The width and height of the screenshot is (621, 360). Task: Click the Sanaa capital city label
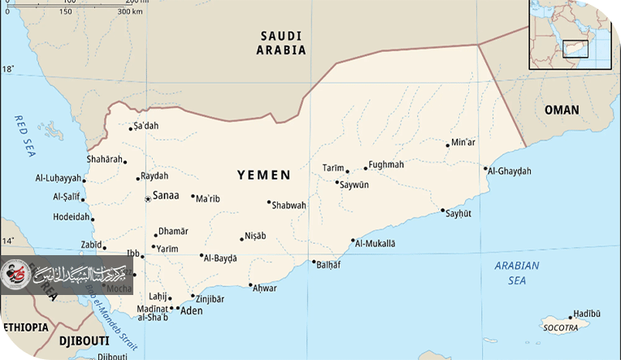coord(166,196)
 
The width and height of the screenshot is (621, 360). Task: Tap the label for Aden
coord(191,310)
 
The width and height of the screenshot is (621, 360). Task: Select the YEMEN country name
coord(263,175)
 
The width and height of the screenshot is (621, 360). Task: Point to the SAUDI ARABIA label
coord(282,42)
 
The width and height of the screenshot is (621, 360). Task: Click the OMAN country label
coord(562,110)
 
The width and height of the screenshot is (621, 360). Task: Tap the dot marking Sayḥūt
coord(443,211)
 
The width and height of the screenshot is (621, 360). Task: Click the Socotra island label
coord(561,327)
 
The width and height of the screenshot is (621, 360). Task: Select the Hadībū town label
coord(586,313)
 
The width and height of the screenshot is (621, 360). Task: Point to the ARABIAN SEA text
coord(516,273)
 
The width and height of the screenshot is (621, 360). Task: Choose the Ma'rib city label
coord(209,197)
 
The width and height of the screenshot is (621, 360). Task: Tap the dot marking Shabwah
coord(269,202)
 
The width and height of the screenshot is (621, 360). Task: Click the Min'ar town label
coord(463,142)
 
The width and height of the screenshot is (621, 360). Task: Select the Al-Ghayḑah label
coord(510,171)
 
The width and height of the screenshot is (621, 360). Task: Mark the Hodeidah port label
coord(72,217)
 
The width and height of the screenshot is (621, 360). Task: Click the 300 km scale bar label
coord(130,12)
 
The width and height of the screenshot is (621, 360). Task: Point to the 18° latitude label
coord(7,69)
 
